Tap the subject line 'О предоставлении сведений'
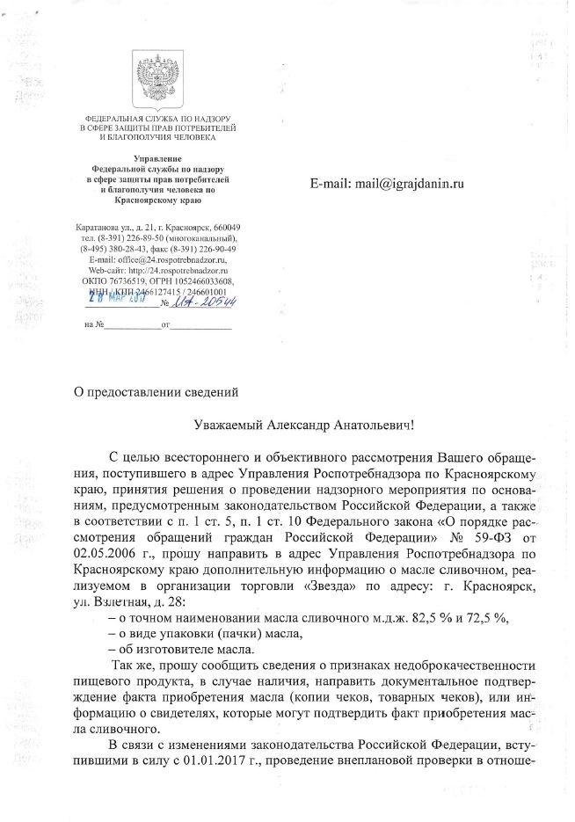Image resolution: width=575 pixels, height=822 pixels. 156,389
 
